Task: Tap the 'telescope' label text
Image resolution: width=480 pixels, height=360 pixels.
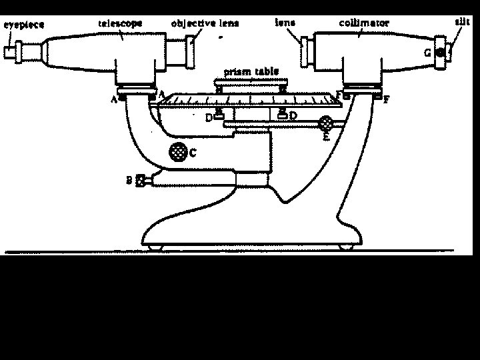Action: click(x=120, y=23)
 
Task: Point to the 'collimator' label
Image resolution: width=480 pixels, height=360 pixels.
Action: click(x=364, y=23)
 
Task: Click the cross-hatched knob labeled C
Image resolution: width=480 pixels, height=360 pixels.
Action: click(x=177, y=151)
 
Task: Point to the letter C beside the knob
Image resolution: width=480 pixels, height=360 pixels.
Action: click(x=193, y=153)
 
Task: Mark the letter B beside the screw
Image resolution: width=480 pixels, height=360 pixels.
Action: click(x=129, y=180)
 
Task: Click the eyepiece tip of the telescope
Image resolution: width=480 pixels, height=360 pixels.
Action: click(x=9, y=51)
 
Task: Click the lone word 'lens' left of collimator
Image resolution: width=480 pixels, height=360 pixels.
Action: click(x=285, y=22)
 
